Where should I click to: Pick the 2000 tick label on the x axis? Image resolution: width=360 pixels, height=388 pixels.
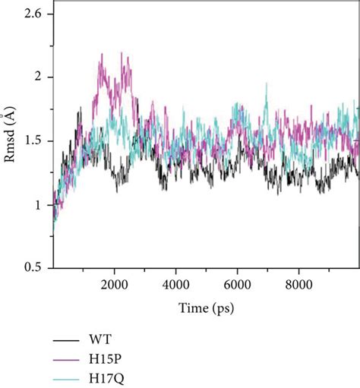pos(114,279)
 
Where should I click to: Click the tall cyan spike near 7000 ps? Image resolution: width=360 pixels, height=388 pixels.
pos(267,84)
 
